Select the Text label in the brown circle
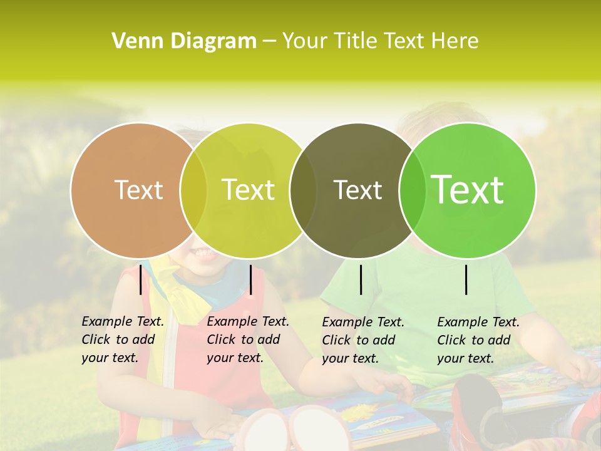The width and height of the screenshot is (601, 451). pyautogui.click(x=138, y=190)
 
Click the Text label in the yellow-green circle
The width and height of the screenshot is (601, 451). pyautogui.click(x=249, y=190)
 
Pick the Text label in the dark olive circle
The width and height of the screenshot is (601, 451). pyautogui.click(x=358, y=190)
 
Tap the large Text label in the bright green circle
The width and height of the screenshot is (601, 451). pyautogui.click(x=468, y=189)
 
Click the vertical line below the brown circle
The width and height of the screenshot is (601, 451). pyautogui.click(x=140, y=279)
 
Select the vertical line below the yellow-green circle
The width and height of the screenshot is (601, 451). pyautogui.click(x=250, y=279)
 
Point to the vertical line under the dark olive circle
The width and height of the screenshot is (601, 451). pyautogui.click(x=361, y=279)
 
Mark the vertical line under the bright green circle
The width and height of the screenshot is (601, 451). pyautogui.click(x=466, y=279)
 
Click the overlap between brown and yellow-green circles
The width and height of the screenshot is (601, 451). pyautogui.click(x=193, y=190)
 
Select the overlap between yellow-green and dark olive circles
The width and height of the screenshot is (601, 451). pyautogui.click(x=303, y=190)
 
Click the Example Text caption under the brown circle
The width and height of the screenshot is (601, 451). pyautogui.click(x=123, y=340)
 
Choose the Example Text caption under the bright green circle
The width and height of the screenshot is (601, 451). pyautogui.click(x=478, y=340)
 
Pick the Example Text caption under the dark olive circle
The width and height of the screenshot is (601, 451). pyautogui.click(x=363, y=340)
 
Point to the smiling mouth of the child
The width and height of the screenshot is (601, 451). pyautogui.click(x=202, y=252)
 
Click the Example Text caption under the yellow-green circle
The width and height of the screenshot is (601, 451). pyautogui.click(x=248, y=340)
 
